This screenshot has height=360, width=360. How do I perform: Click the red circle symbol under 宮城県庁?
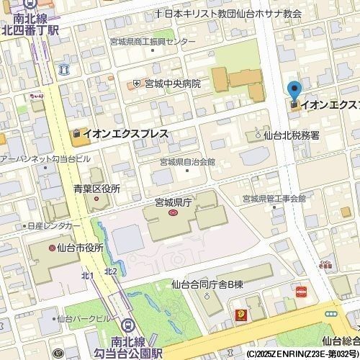[172, 213]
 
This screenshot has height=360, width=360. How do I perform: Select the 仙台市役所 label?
[80, 247]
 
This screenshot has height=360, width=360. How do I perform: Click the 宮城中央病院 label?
[172, 84]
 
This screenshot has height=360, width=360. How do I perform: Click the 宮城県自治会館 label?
[187, 163]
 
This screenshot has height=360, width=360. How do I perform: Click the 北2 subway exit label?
[110, 271]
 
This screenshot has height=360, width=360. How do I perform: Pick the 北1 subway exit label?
[88, 276]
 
